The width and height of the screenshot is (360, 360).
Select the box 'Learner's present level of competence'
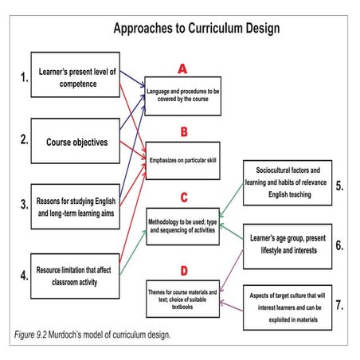77,78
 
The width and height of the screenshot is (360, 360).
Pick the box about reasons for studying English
77,206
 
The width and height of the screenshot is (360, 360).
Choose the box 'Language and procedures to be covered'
184,96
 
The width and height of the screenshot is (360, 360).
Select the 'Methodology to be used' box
184,221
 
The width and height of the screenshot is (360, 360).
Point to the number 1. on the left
23,78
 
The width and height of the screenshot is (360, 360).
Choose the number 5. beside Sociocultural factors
338,186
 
